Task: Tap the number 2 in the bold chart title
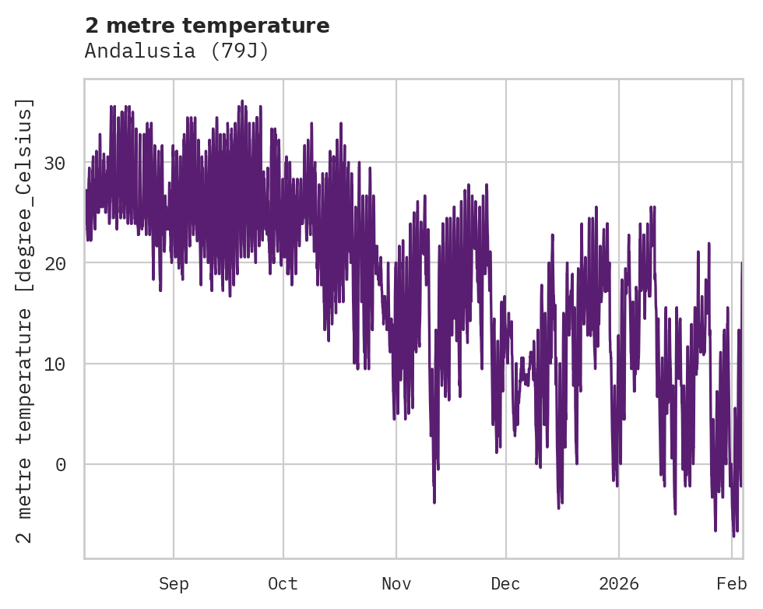tap(92, 26)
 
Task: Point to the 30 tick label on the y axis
tap(65, 163)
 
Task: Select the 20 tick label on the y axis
tap(65, 263)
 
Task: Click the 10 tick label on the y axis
tap(65, 364)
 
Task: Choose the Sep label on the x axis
tap(174, 583)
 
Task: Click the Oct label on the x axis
tap(283, 583)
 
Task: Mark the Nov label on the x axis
tap(396, 583)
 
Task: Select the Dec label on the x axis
tap(505, 583)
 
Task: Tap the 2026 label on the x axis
tap(619, 583)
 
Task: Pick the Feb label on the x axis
tap(732, 583)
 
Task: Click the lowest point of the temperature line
tap(733, 537)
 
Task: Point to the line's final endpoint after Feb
tap(742, 263)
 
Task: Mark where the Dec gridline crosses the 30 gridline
tap(505, 162)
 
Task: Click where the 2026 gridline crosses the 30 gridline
tap(619, 162)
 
